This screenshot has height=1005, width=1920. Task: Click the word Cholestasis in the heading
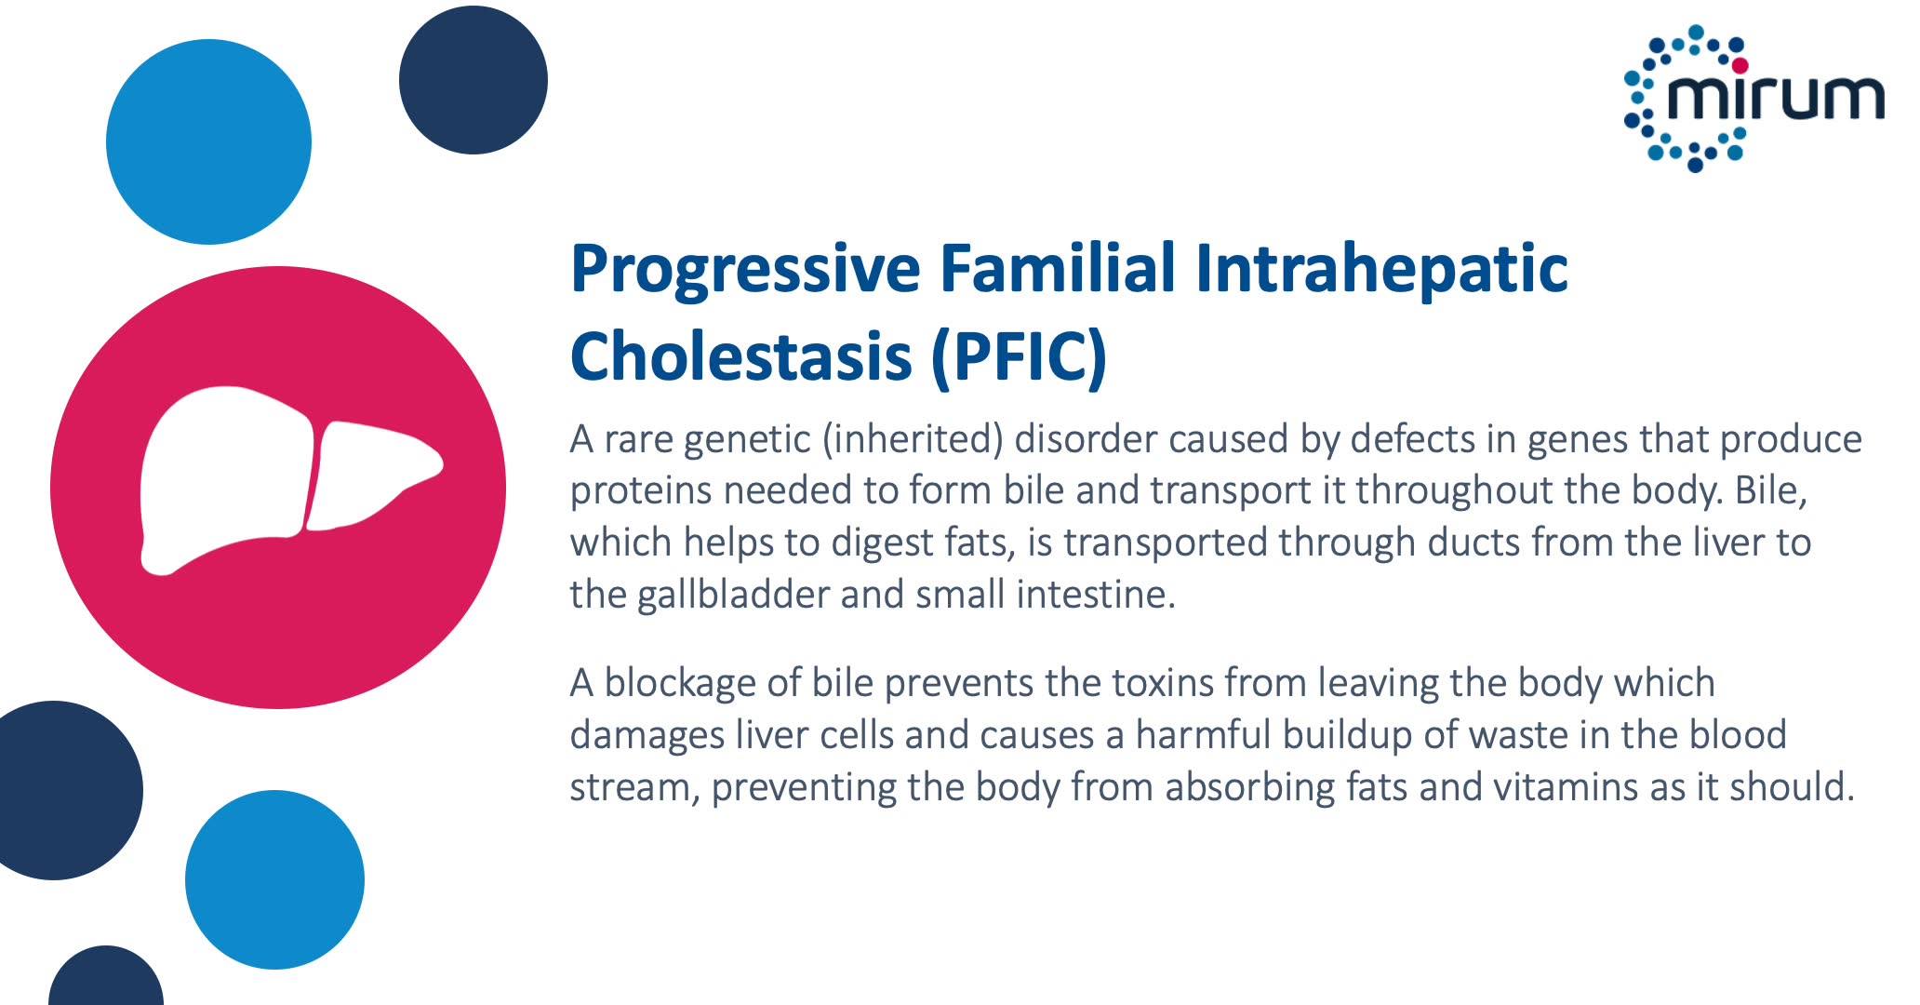point(740,356)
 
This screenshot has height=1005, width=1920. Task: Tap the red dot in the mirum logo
point(1740,65)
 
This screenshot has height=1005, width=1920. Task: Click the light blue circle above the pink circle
point(208,141)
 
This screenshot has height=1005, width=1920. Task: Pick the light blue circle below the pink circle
point(274,879)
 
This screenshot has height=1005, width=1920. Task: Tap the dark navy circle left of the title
point(473,80)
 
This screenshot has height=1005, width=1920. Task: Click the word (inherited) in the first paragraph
point(913,440)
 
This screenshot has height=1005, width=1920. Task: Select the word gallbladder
point(733,595)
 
